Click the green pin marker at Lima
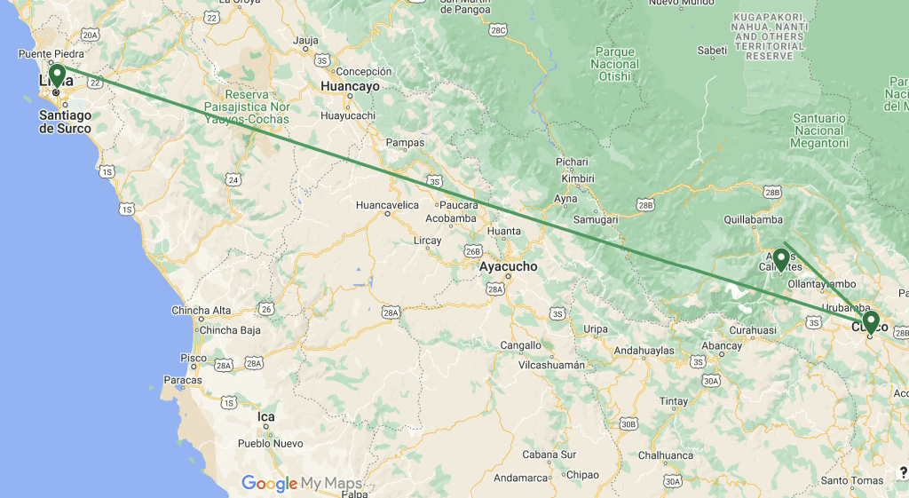(x=57, y=75)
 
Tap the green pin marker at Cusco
(x=871, y=321)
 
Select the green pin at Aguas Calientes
(x=781, y=257)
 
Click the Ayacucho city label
(x=508, y=266)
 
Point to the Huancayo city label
(x=350, y=87)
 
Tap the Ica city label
(x=265, y=416)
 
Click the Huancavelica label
(x=386, y=205)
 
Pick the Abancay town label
(x=721, y=345)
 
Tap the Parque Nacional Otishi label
(x=615, y=64)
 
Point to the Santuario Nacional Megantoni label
(x=820, y=130)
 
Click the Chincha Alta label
(x=202, y=311)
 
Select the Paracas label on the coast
(x=183, y=380)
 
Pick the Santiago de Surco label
(x=65, y=122)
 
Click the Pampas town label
(x=406, y=142)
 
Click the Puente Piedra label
(x=51, y=53)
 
